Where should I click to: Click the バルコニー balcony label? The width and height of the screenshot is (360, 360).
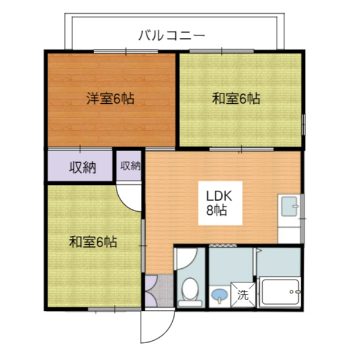(x=171, y=35)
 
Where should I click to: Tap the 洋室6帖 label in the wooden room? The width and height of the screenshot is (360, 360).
(x=110, y=98)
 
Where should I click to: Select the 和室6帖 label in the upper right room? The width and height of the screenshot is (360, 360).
(x=236, y=98)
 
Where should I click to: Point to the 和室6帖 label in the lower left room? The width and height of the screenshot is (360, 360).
(x=93, y=242)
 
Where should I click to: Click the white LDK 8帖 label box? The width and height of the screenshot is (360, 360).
(x=220, y=203)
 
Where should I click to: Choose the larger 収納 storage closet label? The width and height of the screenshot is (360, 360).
(x=83, y=167)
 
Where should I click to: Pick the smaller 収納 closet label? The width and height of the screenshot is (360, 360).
(x=131, y=166)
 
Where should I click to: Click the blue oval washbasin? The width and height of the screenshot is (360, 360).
(x=220, y=295)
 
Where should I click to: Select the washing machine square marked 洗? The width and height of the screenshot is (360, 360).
(x=243, y=295)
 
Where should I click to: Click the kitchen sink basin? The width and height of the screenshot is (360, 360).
(x=289, y=206)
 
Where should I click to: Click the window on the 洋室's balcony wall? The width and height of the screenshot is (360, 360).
(x=126, y=52)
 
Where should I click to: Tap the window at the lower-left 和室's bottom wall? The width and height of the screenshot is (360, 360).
(x=115, y=310)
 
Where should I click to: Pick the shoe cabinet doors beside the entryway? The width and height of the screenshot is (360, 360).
(x=151, y=290)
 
